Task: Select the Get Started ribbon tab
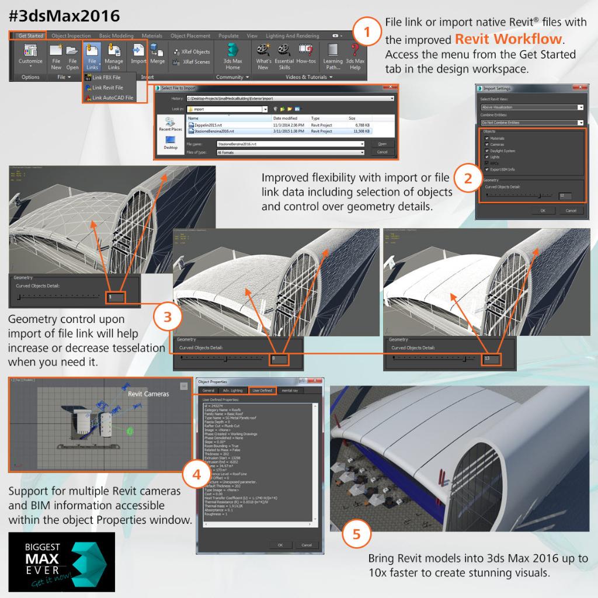pyautogui.click(x=30, y=36)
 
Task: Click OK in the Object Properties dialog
pyautogui.click(x=280, y=545)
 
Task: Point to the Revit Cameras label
pyautogui.click(x=148, y=394)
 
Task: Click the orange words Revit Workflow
pyautogui.click(x=509, y=39)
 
